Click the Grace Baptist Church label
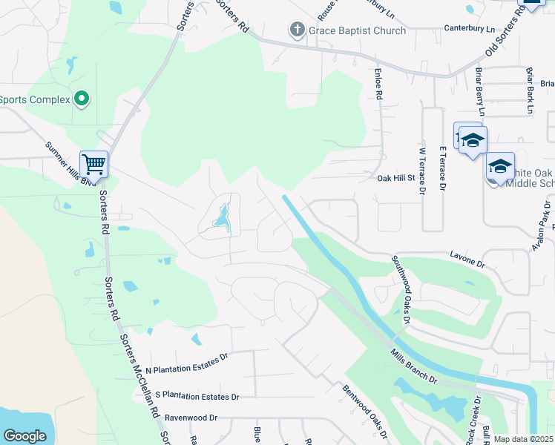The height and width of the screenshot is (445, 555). (358, 30)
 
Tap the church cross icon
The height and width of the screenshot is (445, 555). (297, 30)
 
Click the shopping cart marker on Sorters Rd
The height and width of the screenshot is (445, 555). (94, 163)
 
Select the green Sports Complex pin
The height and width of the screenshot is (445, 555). (82, 99)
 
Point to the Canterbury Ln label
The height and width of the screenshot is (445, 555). (469, 28)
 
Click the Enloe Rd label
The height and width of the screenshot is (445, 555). (378, 85)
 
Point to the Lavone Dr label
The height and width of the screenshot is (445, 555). (467, 258)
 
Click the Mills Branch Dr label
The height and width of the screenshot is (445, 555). (413, 366)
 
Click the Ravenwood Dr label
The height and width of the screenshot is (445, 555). (191, 418)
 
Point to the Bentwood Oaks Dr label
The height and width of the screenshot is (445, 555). (365, 411)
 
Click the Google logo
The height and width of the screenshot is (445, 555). (24, 436)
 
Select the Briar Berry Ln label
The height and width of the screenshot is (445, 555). (480, 92)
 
